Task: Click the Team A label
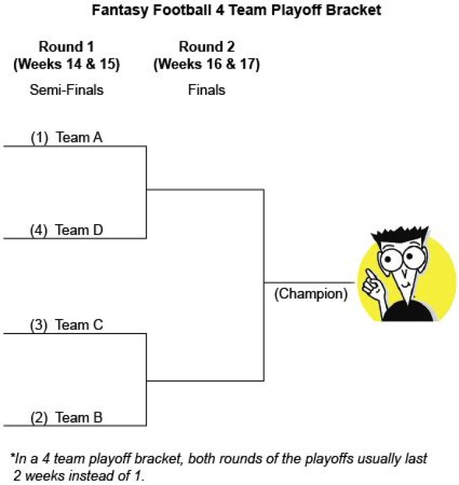coord(80,137)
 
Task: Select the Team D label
coord(80,230)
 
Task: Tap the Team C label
coord(80,325)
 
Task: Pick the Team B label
coord(80,418)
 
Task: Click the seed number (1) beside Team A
coord(40,137)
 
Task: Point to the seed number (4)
coord(40,230)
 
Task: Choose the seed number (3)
coord(40,325)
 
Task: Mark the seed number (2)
coord(40,418)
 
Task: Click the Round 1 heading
coord(66,46)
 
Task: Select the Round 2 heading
coord(207,46)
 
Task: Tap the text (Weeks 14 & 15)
coord(66,64)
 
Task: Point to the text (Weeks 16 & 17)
coord(207,64)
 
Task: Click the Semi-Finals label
coord(66,90)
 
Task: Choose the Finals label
coord(207,90)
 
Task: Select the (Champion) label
coord(310,295)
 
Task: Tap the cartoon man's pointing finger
coord(369,276)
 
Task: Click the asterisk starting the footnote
coord(12,458)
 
